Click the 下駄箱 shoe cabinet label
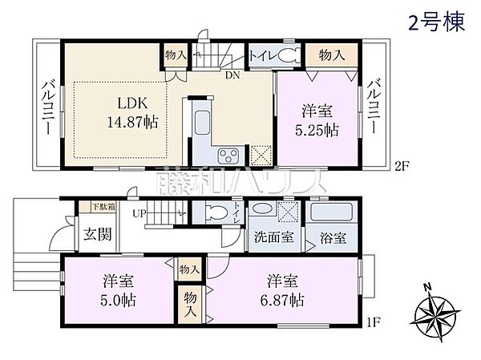coord(97,207)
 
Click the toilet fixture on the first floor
coord(213,212)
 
